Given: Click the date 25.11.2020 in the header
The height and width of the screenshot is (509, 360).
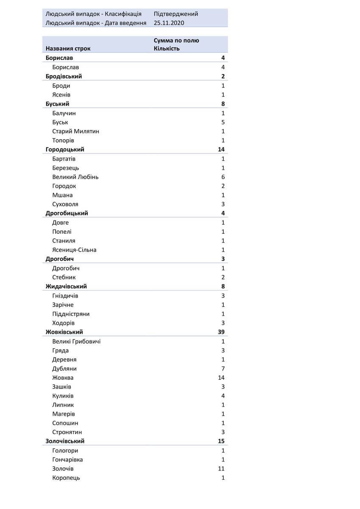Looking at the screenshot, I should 169,23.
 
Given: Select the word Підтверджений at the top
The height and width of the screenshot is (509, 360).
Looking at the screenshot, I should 176,14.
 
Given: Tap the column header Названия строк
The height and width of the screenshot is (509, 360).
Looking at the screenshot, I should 68,48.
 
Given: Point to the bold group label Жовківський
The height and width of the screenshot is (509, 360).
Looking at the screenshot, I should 64,332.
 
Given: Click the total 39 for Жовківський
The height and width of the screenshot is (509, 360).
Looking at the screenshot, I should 221,332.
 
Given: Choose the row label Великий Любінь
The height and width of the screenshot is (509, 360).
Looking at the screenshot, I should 75,177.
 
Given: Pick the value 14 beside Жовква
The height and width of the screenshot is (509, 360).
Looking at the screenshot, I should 221,378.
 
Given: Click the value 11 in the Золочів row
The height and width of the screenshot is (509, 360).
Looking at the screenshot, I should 221,469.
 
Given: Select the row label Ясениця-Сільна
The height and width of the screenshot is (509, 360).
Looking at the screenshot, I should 74,250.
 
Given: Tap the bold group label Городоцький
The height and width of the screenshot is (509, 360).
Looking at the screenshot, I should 65,149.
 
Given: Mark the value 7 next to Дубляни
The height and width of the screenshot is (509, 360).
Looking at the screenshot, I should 223,369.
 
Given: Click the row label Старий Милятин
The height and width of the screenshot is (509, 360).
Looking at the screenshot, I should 75,131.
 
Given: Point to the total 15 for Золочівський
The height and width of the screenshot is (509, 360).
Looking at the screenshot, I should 221,441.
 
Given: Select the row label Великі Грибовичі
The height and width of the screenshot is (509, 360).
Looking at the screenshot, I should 76,341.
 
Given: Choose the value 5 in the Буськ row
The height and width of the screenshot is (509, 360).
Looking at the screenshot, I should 223,122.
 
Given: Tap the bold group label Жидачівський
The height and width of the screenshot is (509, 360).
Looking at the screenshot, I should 66,286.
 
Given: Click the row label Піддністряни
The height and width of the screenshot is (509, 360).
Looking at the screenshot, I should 71,314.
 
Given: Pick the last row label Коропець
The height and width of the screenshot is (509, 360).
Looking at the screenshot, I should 66,478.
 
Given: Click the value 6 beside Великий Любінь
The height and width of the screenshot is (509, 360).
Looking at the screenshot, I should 223,177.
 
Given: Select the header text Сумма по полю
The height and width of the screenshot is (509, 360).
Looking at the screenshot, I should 176,41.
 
